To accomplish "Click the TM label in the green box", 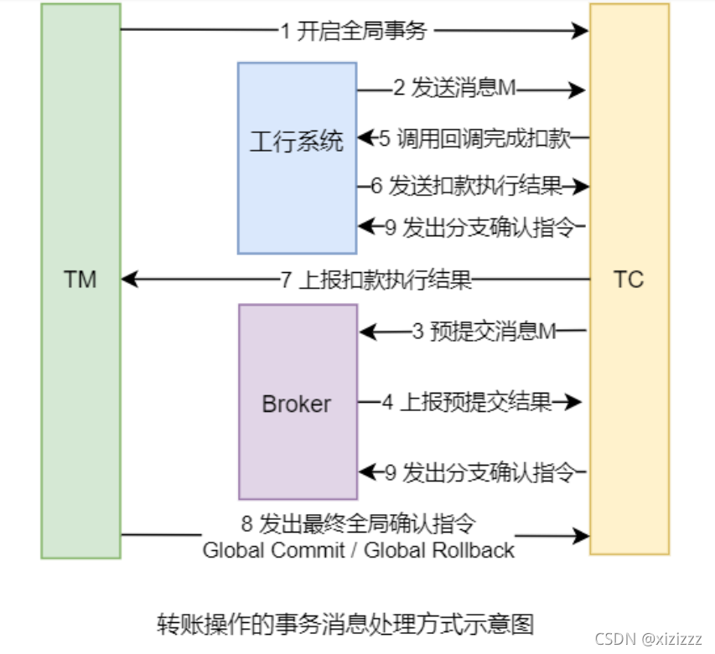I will tap(80, 279).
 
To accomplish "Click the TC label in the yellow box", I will tap(628, 279).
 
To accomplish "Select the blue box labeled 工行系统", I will tap(297, 157).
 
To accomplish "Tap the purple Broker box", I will tap(297, 403).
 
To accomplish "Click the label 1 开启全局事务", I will tap(353, 32).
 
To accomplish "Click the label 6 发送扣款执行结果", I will tap(467, 186).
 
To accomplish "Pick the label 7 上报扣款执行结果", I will tap(376, 279).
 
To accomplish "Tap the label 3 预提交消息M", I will tap(484, 332).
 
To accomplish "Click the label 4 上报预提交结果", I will tap(467, 403).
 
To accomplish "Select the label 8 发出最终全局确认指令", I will tap(358, 524).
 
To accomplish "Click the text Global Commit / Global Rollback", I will tap(358, 550).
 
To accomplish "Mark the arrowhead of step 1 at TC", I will tap(580, 31).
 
